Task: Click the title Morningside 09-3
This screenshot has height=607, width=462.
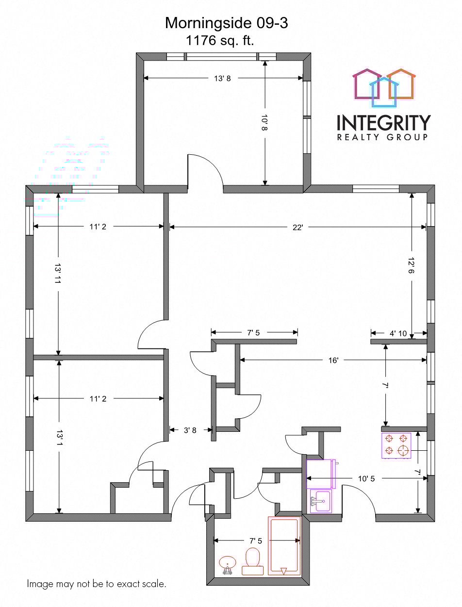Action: pos(226,23)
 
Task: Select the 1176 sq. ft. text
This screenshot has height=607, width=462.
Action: pos(220,40)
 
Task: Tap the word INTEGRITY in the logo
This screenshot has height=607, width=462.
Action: pos(383,122)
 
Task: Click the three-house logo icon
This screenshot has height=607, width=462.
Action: pos(384,87)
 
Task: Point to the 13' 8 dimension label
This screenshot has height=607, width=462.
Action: pos(222,78)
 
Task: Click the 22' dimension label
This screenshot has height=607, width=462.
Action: pos(297,227)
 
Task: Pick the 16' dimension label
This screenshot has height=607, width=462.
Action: pos(333,360)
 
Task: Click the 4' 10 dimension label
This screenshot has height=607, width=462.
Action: pos(399,333)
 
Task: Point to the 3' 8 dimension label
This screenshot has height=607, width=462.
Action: pos(190,429)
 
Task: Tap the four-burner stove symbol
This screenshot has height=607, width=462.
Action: pos(396,445)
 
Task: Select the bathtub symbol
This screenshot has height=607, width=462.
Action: pos(283,546)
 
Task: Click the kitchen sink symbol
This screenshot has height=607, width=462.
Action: pos(321,500)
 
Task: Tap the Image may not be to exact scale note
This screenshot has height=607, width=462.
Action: pos(97,584)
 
